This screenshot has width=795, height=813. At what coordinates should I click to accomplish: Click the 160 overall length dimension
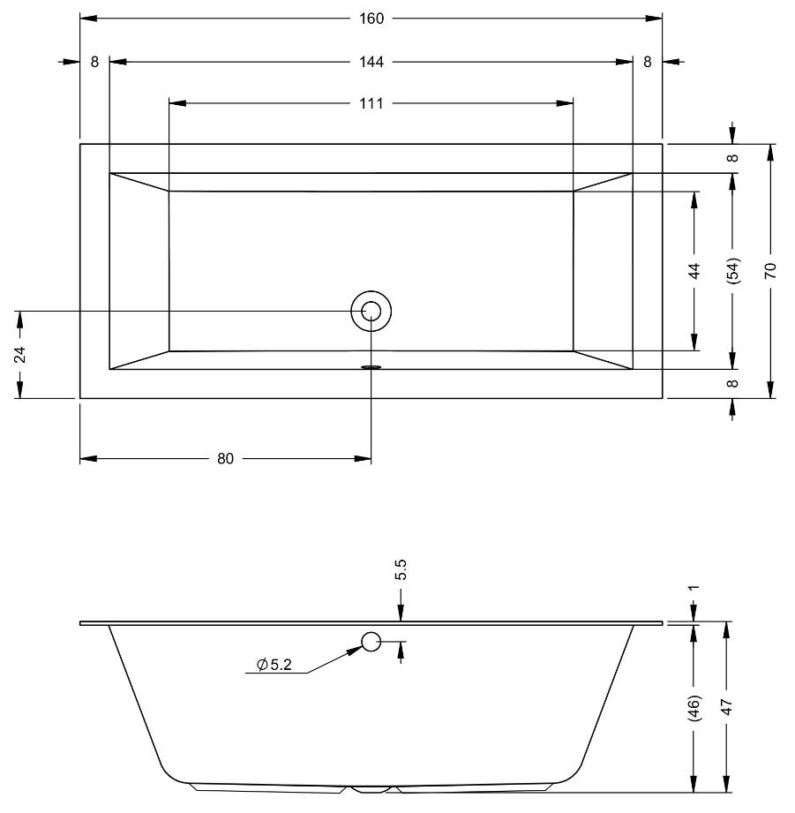pos(371,19)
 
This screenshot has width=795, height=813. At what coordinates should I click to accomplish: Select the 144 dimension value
pos(371,62)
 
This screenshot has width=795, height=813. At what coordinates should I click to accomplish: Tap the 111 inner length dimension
pos(371,103)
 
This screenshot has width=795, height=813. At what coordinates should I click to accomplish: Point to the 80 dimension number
pos(225,458)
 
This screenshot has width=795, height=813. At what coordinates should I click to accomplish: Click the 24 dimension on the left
pos(19,355)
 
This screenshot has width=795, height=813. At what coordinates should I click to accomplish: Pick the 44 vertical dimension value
pos(694,271)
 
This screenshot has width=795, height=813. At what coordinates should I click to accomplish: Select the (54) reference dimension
pos(733,270)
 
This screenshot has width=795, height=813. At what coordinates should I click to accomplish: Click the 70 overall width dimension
pos(770,271)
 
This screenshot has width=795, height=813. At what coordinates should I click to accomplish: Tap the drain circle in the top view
pos(371,311)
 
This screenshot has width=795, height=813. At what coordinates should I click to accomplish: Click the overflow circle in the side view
pos(371,642)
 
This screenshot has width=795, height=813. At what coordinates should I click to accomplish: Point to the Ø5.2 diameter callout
pos(274,664)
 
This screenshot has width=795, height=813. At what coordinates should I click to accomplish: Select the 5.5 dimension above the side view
pos(401,569)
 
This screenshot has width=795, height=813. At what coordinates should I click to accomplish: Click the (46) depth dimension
pos(694,708)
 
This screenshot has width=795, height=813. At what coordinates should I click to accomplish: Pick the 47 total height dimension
pos(727,707)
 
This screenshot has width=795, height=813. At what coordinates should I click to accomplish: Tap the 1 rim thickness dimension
pos(694,587)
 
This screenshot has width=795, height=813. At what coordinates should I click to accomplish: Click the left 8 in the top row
pos(94,62)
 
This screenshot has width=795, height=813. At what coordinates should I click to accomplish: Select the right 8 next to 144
pos(648,62)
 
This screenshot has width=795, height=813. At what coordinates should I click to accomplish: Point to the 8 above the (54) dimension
pos(732,158)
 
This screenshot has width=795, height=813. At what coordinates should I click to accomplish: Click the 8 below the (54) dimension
pos(732,384)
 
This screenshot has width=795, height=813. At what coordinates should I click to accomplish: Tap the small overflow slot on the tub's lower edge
pos(371,367)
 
